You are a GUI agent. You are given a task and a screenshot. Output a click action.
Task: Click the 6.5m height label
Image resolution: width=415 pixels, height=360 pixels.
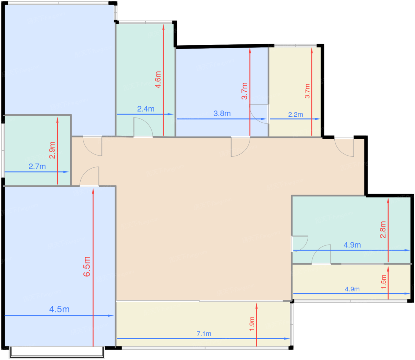click(x=87, y=267)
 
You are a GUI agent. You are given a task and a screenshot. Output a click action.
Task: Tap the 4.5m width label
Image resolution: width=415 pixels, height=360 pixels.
click(x=59, y=309)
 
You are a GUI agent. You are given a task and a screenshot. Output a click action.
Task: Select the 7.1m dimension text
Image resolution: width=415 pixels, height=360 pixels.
click(x=204, y=334)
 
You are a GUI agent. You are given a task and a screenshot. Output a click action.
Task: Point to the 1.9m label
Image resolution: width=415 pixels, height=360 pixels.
click(x=252, y=324)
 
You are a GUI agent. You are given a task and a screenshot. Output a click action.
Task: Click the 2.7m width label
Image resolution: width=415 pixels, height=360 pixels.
click(x=37, y=166)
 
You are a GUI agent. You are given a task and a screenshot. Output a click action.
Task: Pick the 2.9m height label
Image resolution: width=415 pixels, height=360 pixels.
click(x=52, y=150)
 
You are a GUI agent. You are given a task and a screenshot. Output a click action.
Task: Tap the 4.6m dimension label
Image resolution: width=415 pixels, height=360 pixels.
click(x=158, y=80)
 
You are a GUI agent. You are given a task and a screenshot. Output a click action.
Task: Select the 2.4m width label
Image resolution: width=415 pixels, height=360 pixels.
click(x=146, y=109)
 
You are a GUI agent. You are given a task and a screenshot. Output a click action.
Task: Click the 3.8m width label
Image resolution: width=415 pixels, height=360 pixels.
click(x=222, y=113)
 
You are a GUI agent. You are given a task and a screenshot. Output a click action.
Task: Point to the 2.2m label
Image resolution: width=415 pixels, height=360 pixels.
click(x=296, y=114)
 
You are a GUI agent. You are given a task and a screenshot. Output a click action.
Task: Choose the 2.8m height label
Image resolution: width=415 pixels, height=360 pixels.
click(x=383, y=229)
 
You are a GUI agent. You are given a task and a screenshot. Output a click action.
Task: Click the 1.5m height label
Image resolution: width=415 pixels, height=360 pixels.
click(x=384, y=282)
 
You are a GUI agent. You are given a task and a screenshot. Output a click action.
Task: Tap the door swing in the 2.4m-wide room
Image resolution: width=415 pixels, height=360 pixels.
click(x=143, y=127)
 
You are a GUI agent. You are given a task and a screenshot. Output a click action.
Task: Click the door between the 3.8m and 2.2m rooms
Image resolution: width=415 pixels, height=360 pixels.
click(x=259, y=114)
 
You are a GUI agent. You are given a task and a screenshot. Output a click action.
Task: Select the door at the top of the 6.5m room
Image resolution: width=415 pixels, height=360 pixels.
click(x=89, y=177)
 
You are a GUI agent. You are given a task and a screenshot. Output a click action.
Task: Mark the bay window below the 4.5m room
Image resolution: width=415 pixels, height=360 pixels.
click(x=57, y=352)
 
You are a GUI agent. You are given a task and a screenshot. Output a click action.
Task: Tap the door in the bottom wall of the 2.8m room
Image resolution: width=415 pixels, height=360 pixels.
click(x=321, y=254)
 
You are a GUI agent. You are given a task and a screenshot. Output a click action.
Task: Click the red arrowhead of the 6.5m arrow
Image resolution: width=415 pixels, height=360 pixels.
click(x=93, y=191)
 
